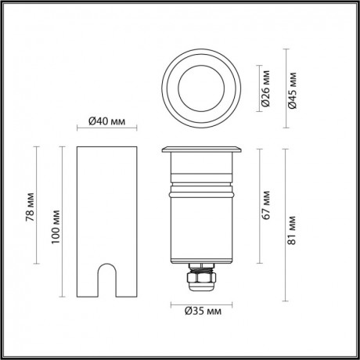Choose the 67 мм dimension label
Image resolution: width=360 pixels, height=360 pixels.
click(266, 203)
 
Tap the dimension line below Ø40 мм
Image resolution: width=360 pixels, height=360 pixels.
click(107, 132)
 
